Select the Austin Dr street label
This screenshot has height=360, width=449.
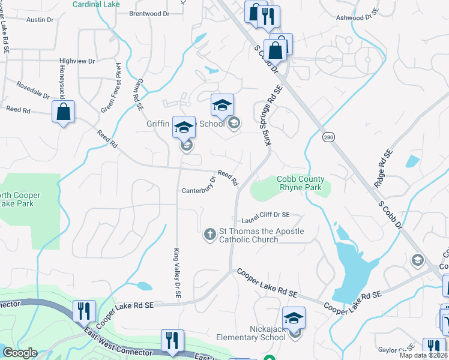pyautogui.click(x=40, y=20)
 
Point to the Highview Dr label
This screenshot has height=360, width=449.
pyautogui.click(x=77, y=61)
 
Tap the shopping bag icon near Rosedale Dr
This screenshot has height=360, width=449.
pyautogui.click(x=63, y=112)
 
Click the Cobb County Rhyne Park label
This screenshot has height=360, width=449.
pyautogui.click(x=300, y=183)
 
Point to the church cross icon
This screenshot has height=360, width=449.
pyautogui.click(x=210, y=234)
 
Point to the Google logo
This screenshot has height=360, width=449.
pyautogui.click(x=20, y=353)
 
